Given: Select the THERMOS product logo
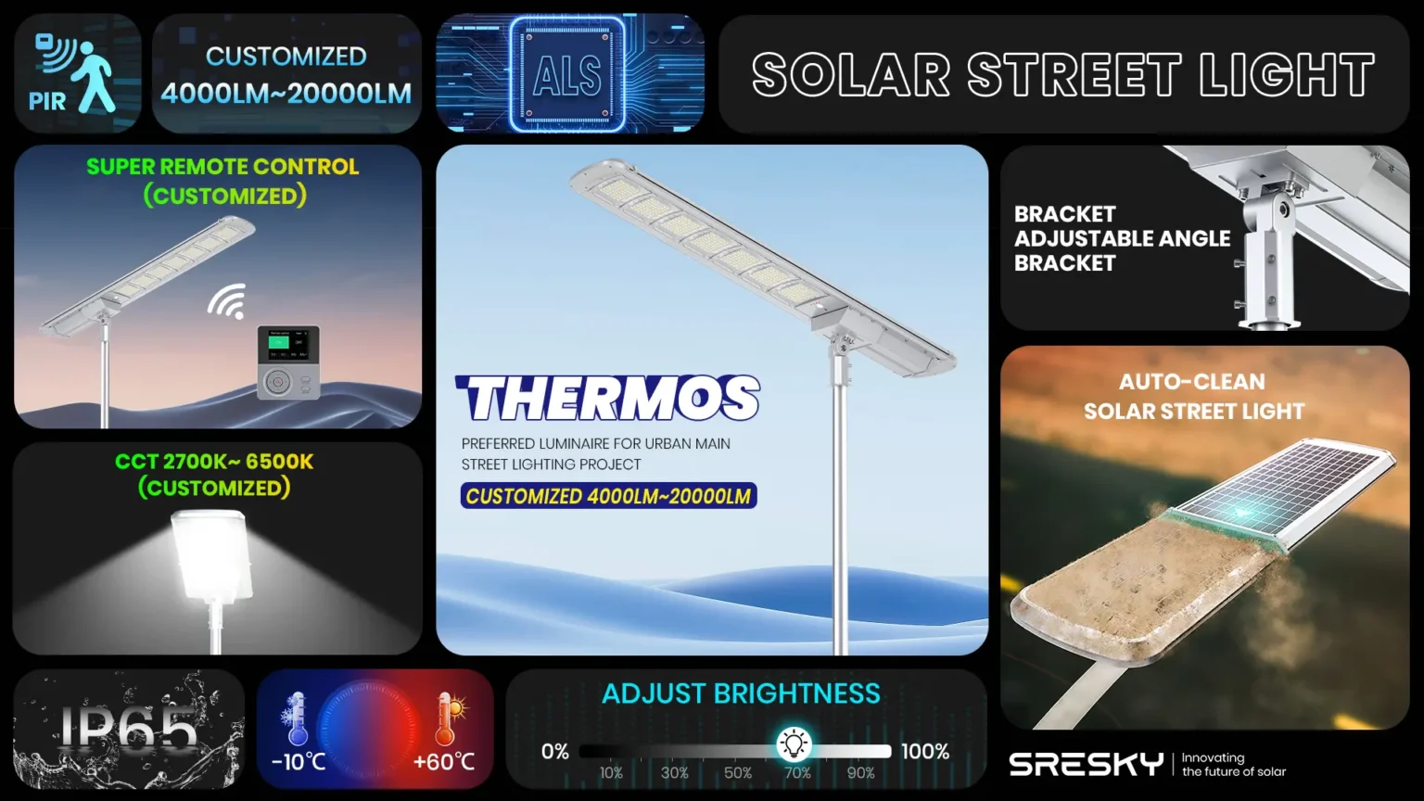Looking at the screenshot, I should pos(608,399).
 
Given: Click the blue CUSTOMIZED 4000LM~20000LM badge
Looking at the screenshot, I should pos(608,496).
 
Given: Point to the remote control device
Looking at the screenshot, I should pos(288,362).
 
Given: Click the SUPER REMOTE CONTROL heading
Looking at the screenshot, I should pos(222,167).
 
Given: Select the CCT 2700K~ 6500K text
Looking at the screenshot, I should pos(214,462).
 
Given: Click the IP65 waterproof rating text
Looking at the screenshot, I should pos(129,729).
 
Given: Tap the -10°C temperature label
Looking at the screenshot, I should pos(299,762).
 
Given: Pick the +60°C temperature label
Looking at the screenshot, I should pos(444,762).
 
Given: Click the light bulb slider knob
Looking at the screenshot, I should pos(794,744).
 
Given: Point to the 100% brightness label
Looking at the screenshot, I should pos(924,752).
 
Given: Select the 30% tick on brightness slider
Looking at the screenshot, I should pos(674,773).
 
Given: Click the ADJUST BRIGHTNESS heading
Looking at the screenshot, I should pos(741,693).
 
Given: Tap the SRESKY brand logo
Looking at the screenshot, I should pos(1086,765).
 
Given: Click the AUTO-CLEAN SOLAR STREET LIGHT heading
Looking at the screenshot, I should pos(1193,396).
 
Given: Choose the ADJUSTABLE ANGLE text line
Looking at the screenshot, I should pos(1122,238).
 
